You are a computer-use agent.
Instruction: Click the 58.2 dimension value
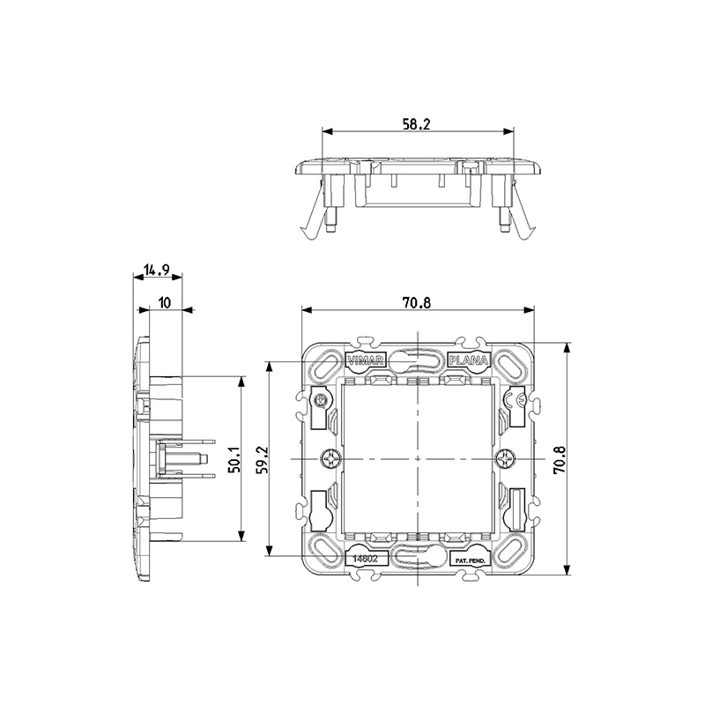tap(416, 125)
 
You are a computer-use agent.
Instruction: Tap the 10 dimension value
tap(165, 303)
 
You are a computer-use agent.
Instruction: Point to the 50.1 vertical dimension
tap(234, 459)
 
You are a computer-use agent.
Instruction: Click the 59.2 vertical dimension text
tap(261, 459)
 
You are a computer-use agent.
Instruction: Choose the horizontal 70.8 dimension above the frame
tap(416, 303)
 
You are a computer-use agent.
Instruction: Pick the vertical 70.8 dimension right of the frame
tap(558, 459)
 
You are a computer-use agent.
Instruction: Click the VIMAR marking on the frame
tap(366, 360)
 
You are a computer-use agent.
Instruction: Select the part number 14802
tap(366, 559)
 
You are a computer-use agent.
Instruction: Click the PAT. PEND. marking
tap(468, 560)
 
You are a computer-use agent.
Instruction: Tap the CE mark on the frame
tap(520, 402)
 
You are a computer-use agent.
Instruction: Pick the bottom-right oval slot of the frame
tap(510, 555)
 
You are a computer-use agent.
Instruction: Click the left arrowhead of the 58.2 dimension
tap(326, 133)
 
